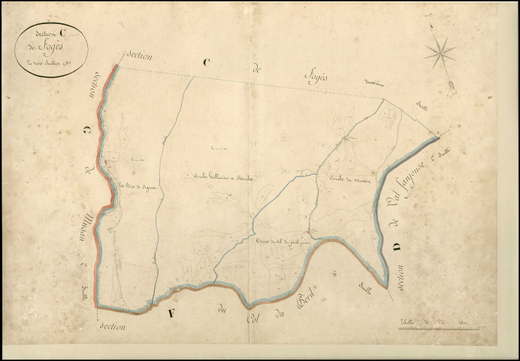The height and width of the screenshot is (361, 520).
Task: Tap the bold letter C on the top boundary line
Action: click(206, 65)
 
